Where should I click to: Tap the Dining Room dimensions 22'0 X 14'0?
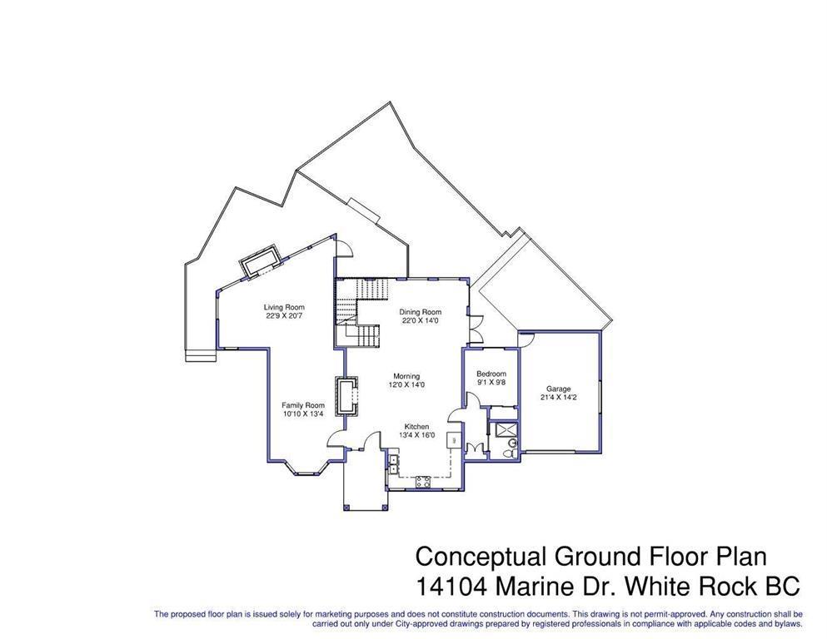(419, 320)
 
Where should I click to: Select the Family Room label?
(302, 405)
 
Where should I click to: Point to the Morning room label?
(407, 376)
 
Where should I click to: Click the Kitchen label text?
(416, 426)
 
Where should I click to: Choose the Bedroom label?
(491, 374)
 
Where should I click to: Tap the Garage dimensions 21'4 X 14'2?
(558, 398)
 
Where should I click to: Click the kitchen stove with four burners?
(421, 480)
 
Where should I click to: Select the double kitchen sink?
(392, 463)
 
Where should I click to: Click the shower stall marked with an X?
(503, 429)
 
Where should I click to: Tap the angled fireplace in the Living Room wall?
(260, 260)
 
